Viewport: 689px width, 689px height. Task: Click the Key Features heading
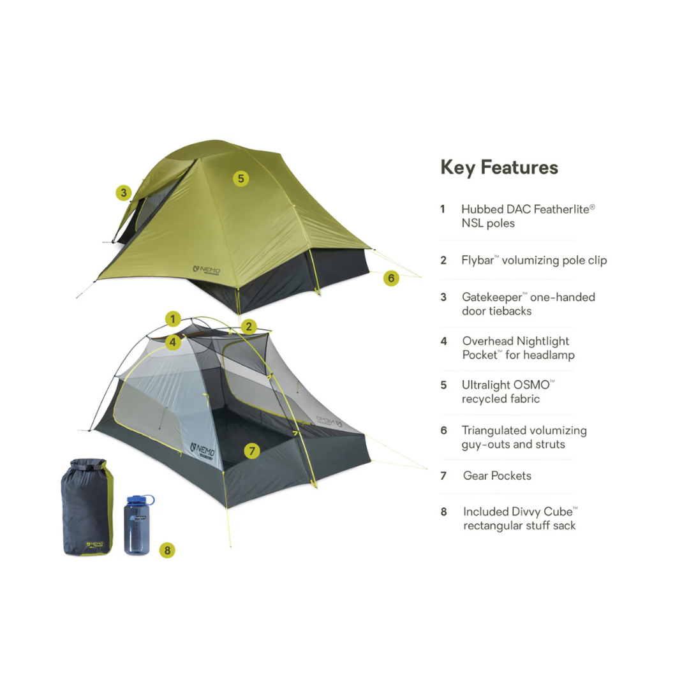pos(499,168)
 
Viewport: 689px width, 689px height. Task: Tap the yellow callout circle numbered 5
pos(241,178)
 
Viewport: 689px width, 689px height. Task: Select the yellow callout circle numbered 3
pos(124,192)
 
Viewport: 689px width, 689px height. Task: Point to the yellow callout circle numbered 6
pos(391,278)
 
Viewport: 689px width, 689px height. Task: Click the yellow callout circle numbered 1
pos(173,318)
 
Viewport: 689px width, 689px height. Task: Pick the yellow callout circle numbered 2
pos(249,327)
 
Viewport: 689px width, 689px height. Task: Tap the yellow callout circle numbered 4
pos(173,342)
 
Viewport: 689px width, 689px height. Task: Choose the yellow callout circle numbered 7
pos(252,451)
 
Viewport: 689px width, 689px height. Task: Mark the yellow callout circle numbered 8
pos(167,549)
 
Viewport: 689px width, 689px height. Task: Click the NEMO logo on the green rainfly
pos(207,270)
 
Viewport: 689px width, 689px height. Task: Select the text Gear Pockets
pos(497,476)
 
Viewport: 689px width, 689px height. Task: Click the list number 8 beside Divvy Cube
pos(444,512)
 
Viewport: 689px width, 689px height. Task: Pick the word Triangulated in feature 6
pos(500,431)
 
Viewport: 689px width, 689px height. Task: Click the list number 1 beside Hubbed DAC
pos(443,209)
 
